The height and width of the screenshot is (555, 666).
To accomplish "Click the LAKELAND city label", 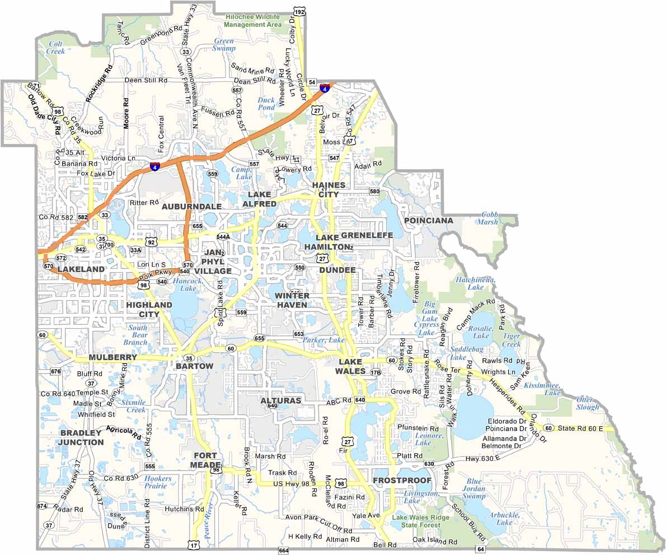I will point(81,269).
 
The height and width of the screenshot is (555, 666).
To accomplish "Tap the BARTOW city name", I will point(194,366).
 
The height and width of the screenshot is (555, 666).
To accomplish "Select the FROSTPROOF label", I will point(402,481).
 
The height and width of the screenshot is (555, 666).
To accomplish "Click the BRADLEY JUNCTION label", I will point(82,437).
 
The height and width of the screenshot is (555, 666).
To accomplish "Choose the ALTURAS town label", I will point(280,400).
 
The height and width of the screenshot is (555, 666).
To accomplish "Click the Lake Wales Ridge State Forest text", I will point(420,521).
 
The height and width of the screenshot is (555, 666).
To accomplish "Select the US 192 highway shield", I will point(299,12).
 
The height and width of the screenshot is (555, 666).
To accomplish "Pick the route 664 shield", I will point(283,551).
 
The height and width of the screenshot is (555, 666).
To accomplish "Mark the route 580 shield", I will point(374,192).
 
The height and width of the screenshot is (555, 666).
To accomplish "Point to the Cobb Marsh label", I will point(487,218).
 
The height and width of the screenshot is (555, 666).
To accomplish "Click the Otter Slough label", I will point(588,403).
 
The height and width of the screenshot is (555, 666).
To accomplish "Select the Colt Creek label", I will point(56,47).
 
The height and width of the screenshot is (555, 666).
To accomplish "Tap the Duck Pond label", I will point(266,104).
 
